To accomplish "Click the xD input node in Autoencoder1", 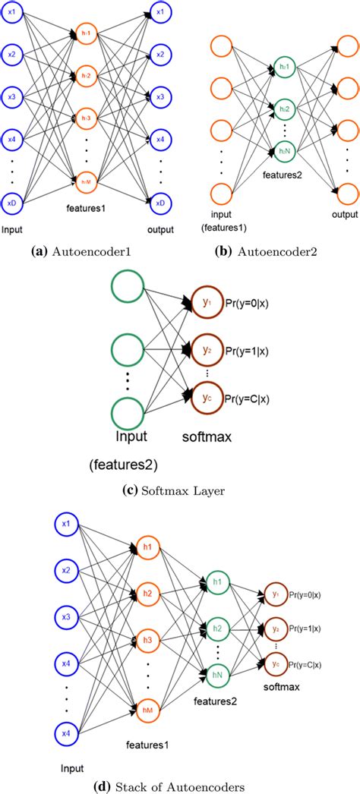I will (x=13, y=203).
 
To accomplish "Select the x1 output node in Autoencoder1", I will (x=159, y=13).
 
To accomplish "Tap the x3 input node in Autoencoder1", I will (x=13, y=97).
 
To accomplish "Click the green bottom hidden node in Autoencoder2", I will (x=283, y=154).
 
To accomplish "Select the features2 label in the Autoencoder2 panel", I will (x=283, y=175).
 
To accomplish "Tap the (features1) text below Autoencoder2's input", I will (x=226, y=227).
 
